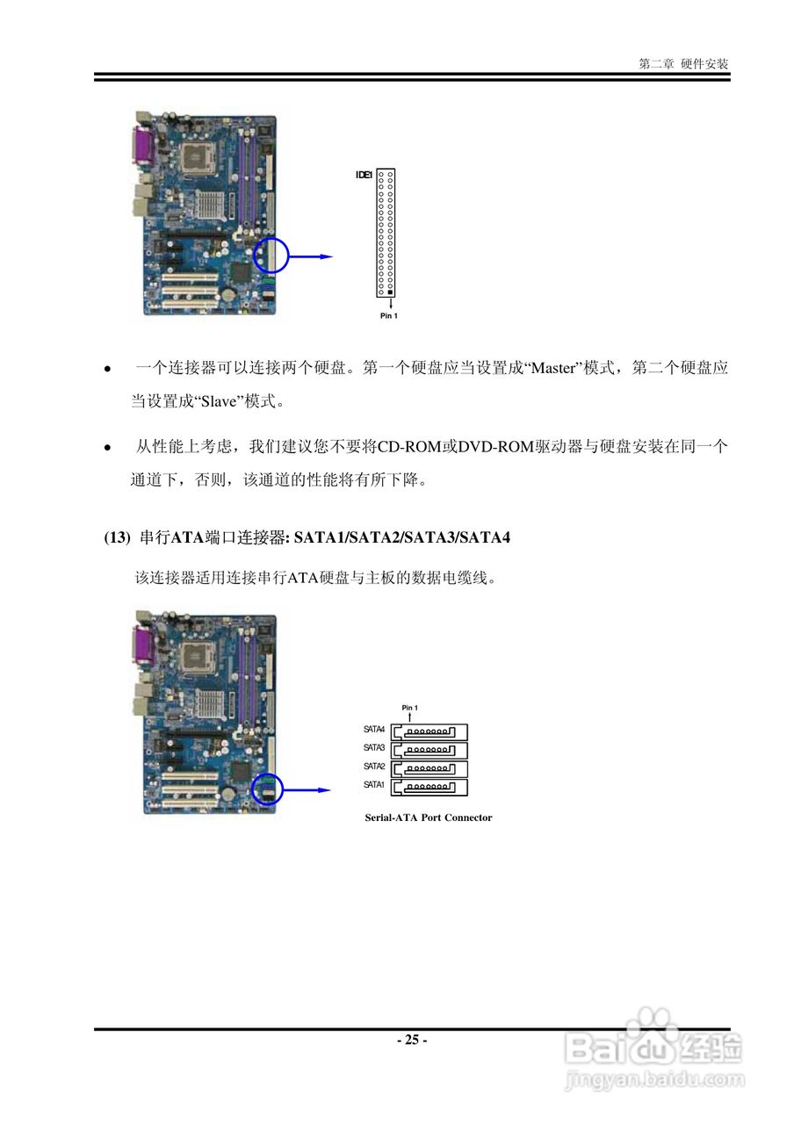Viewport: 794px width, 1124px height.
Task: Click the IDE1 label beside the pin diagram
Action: pos(363,176)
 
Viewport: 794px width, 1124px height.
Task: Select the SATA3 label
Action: pos(375,747)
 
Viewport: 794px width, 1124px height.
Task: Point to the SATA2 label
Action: pos(375,767)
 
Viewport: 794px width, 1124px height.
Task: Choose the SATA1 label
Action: pos(375,784)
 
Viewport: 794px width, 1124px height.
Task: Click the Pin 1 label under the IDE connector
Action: pos(389,316)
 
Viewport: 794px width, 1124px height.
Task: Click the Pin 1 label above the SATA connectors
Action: pos(410,708)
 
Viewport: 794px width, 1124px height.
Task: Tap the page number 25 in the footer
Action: pos(411,1041)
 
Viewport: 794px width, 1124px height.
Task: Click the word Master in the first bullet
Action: pos(552,369)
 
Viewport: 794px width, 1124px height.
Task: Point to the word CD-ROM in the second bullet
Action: pos(409,447)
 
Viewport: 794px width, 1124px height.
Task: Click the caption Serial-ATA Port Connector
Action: pos(429,818)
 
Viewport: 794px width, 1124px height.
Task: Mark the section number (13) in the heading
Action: pos(117,537)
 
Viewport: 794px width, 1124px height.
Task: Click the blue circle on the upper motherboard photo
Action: pos(270,256)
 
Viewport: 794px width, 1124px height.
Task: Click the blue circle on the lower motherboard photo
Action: pos(268,789)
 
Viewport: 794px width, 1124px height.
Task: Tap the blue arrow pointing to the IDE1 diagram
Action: pos(312,256)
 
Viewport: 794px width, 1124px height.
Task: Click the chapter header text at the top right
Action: pos(684,64)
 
